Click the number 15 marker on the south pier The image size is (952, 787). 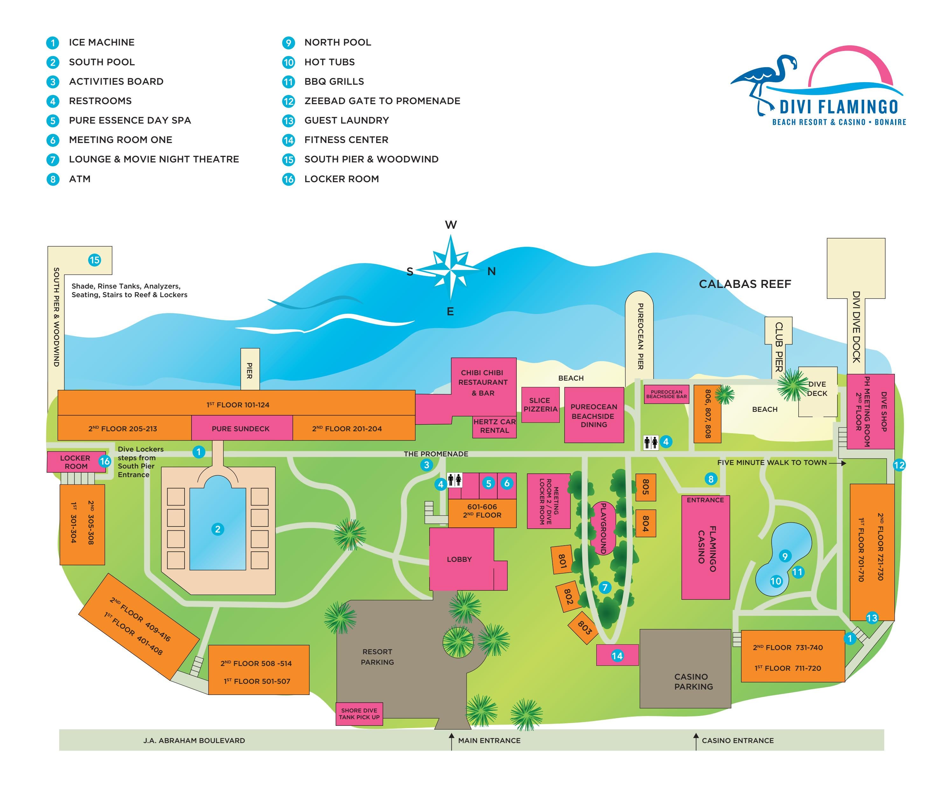pyautogui.click(x=94, y=260)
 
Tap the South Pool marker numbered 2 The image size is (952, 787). pyautogui.click(x=217, y=529)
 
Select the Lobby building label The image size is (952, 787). pyautogui.click(x=459, y=559)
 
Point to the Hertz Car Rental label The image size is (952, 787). pyautogui.click(x=494, y=426)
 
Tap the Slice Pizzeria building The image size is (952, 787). pyautogui.click(x=540, y=404)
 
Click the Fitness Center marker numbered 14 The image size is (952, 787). pyautogui.click(x=617, y=655)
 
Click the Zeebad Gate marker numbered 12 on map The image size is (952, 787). pyautogui.click(x=899, y=465)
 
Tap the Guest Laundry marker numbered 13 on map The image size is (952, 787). pyautogui.click(x=871, y=618)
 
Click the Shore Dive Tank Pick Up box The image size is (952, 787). pyautogui.click(x=359, y=713)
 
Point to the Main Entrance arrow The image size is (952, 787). pyautogui.click(x=451, y=741)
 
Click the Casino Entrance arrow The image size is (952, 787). pyautogui.click(x=696, y=741)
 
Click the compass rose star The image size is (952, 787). pyautogui.click(x=450, y=270)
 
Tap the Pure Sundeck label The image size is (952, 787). pyautogui.click(x=241, y=428)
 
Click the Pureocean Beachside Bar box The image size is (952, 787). pyautogui.click(x=666, y=394)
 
